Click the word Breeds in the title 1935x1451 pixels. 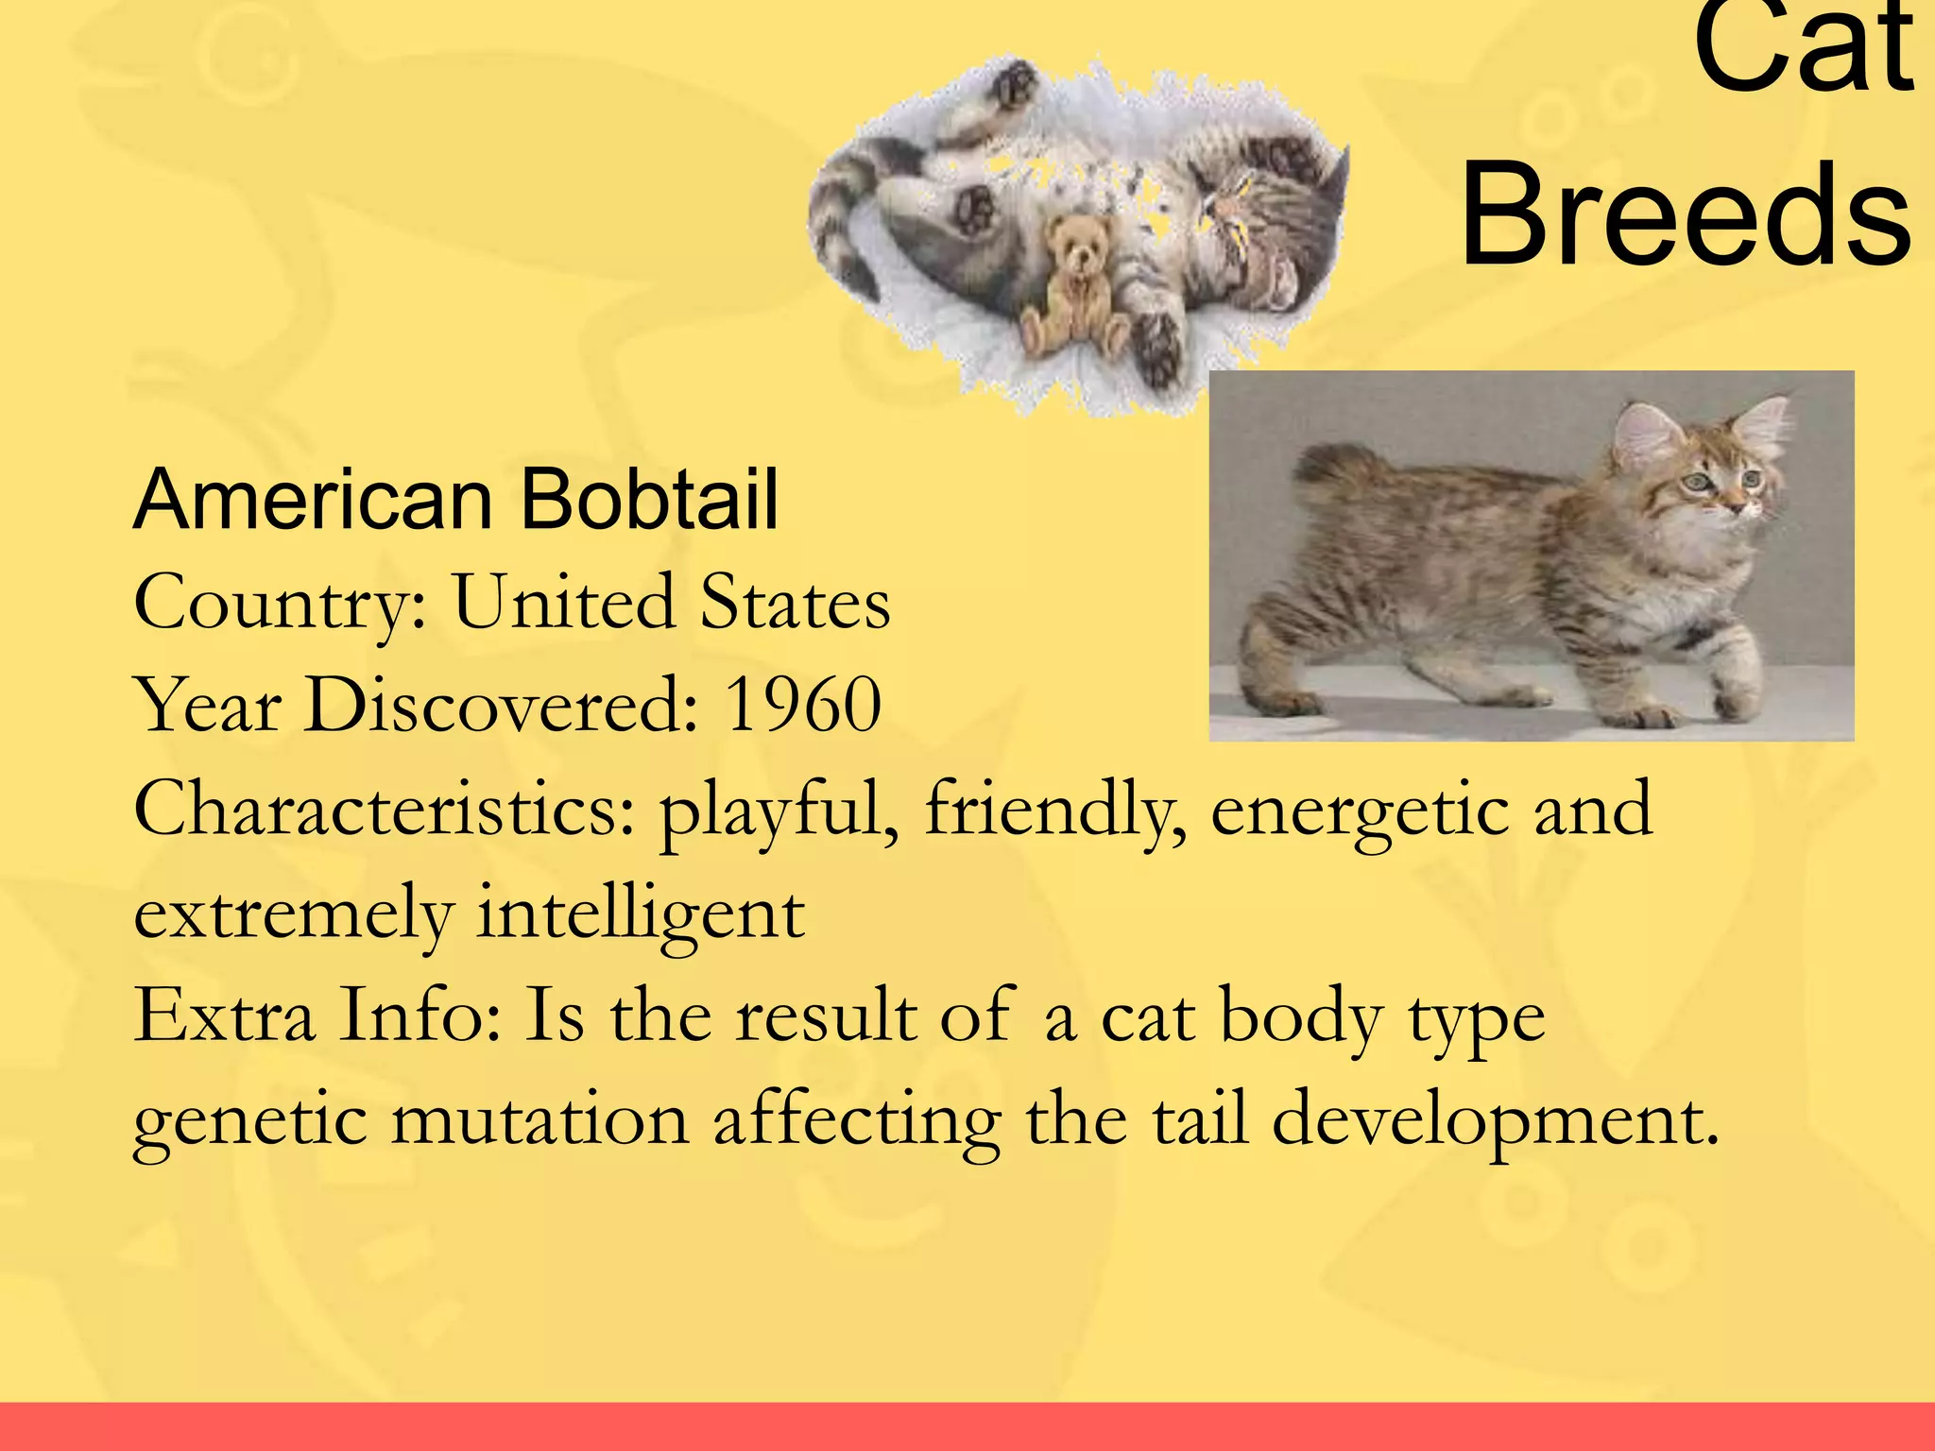pos(1687,215)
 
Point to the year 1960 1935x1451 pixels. pos(802,705)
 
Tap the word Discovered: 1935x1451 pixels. pos(501,705)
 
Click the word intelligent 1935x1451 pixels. pos(640,914)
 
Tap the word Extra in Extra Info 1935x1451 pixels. pos(224,1016)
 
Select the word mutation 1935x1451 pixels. pos(539,1120)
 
